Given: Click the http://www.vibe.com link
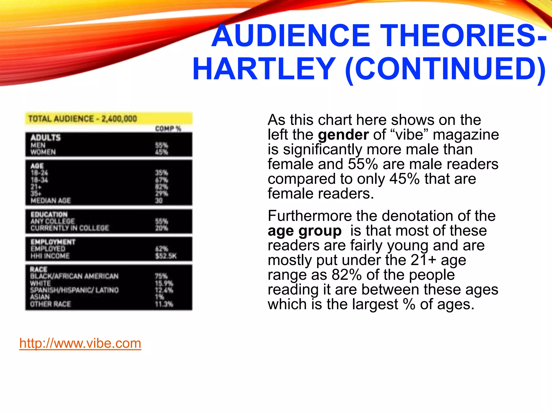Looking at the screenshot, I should pos(80,343).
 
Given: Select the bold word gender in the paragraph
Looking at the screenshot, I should pos(343,134).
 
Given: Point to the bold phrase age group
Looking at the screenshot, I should pos(305,231).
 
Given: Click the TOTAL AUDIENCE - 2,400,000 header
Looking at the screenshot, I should pos(82,119).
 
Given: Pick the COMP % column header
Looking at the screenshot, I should pos(168,129).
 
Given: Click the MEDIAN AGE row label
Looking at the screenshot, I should pos(51,201).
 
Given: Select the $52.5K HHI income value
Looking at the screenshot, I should pos(165,256).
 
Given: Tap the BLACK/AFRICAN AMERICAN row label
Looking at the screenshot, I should pos(74,276).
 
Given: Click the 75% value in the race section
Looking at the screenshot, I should pos(161,276).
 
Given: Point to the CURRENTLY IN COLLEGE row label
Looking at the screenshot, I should pos(70,228).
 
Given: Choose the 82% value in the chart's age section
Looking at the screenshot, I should pos(161,187).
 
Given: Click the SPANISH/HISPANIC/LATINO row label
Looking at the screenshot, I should pos(74,290).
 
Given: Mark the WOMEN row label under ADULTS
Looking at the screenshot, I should pos(43,152).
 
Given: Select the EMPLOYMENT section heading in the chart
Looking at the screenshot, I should pos(53,242).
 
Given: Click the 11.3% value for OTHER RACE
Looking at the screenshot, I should pos(164,304).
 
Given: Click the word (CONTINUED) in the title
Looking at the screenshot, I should pos(445,69).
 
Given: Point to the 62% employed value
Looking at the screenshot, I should pos(161,249).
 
